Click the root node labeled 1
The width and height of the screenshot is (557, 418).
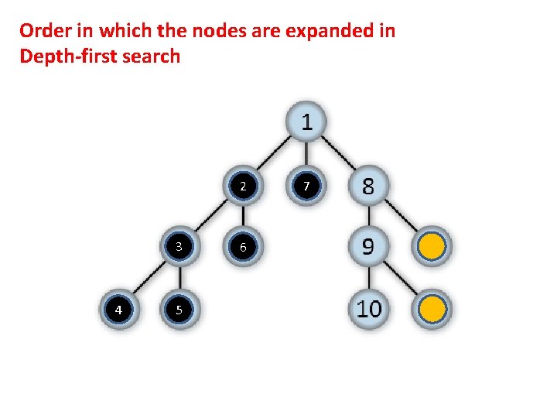pos(307,122)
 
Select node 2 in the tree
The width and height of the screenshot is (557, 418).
pos(243,187)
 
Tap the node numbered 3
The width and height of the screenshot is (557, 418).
pos(179,247)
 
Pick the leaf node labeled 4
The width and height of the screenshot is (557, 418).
pos(118,310)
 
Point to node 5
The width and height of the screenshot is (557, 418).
pos(179,310)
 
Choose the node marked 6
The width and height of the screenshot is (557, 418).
pos(243,247)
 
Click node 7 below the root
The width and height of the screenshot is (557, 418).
pos(307,187)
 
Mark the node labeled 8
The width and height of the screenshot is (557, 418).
pos(368,187)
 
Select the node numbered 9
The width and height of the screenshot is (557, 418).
pos(368,247)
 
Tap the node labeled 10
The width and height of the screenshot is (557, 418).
pos(368,310)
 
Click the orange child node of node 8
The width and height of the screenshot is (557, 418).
pos(432,247)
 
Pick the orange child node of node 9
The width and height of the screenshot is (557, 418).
pos(432,310)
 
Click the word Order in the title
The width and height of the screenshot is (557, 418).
pos(43,31)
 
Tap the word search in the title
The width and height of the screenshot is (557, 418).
pos(153,57)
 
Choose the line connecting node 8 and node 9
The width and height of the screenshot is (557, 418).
pos(368,217)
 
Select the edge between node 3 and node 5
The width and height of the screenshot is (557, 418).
pos(179,279)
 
